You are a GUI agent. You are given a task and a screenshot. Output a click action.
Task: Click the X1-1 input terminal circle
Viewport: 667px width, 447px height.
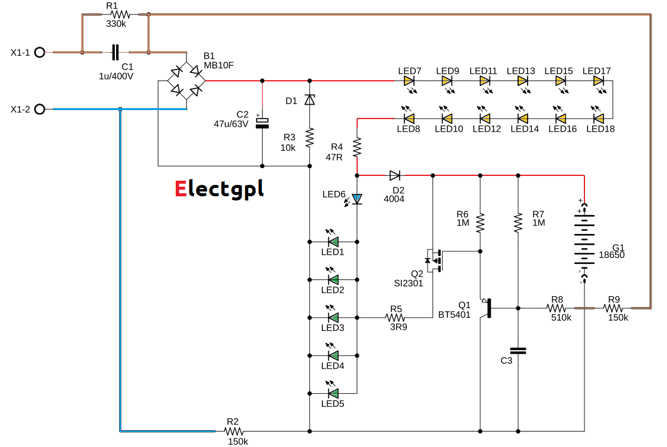[x=39, y=53]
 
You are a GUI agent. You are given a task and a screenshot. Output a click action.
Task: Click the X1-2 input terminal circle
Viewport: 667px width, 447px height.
[x=39, y=109]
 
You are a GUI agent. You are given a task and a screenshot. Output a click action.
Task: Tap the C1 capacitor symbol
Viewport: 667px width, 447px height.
[x=115, y=53]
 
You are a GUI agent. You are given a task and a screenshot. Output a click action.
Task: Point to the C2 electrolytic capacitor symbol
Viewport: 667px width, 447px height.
[x=262, y=123]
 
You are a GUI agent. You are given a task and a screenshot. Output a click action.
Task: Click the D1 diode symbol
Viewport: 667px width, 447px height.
[x=309, y=100]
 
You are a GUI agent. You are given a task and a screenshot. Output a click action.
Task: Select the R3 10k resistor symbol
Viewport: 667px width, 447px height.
[x=309, y=138]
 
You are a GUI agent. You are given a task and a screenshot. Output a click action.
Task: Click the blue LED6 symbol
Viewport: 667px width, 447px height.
[x=357, y=199]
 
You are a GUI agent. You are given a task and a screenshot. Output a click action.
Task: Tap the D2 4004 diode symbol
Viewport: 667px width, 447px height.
[x=395, y=175]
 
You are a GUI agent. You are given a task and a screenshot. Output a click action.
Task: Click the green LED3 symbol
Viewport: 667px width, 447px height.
[x=333, y=317]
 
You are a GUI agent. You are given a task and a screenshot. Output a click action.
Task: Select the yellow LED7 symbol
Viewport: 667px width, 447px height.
[x=409, y=80]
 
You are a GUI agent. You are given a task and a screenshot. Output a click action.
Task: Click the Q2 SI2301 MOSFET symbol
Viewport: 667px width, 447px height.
[x=435, y=260]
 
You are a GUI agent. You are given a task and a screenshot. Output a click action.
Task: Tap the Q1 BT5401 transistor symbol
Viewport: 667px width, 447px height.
[x=486, y=308]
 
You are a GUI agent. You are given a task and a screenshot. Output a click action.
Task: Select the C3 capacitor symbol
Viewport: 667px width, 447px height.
[x=518, y=351]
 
